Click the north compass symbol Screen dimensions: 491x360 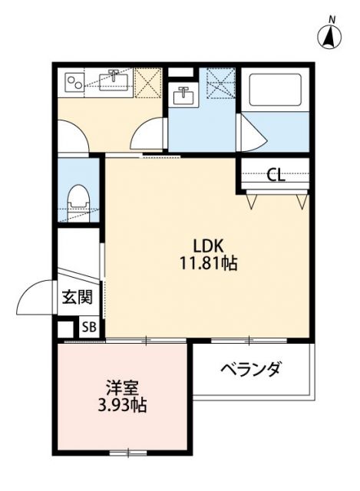(x=331, y=36)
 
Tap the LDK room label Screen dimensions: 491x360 (x=207, y=247)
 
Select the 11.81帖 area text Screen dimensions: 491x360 (x=207, y=265)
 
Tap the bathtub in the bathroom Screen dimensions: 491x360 (x=276, y=90)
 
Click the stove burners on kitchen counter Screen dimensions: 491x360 (x=74, y=80)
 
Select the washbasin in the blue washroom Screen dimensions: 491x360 (x=183, y=96)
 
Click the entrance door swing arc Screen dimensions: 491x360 (x=35, y=298)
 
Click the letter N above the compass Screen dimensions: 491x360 (x=332, y=18)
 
